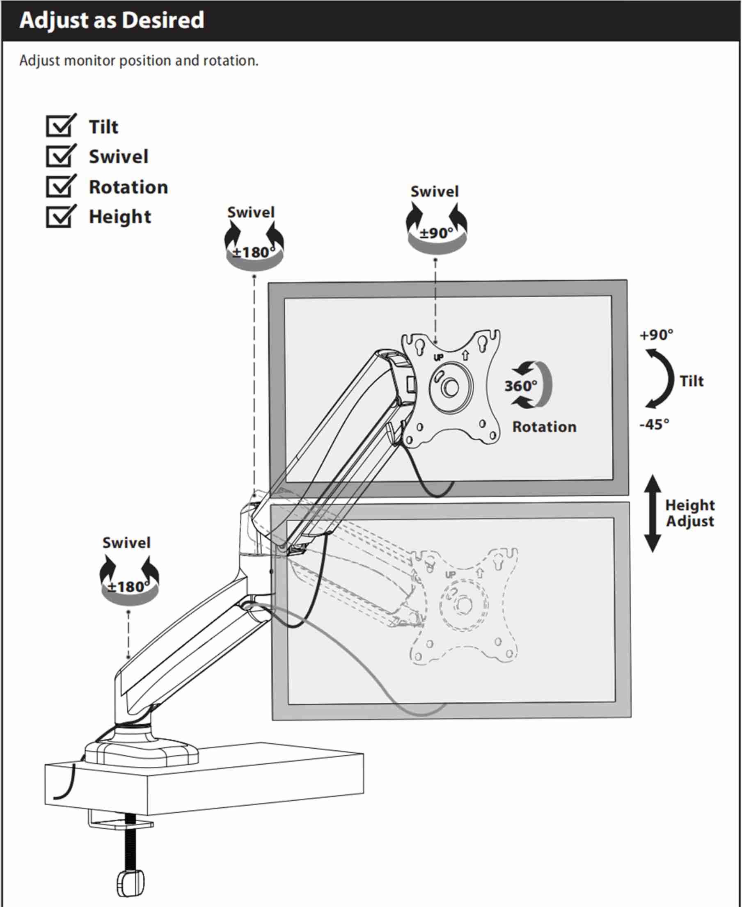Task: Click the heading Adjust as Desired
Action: [112, 21]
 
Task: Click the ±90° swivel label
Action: [436, 233]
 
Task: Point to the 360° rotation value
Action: [521, 386]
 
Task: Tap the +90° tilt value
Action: [656, 334]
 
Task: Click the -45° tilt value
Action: [654, 424]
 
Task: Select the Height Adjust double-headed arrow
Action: [652, 513]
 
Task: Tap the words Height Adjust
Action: [690, 513]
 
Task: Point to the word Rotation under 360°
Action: [544, 426]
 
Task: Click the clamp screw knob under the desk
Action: [130, 884]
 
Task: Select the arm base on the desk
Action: [142, 750]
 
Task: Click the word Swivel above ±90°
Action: [435, 192]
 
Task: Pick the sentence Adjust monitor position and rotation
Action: [139, 61]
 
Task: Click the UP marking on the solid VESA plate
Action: [439, 357]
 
